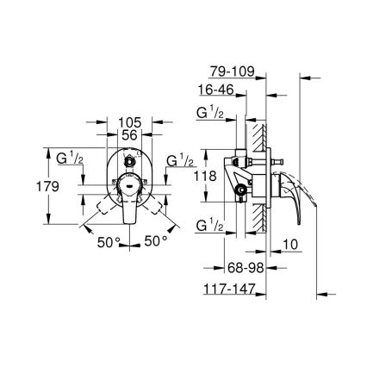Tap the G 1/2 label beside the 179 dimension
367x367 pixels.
coord(69,159)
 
